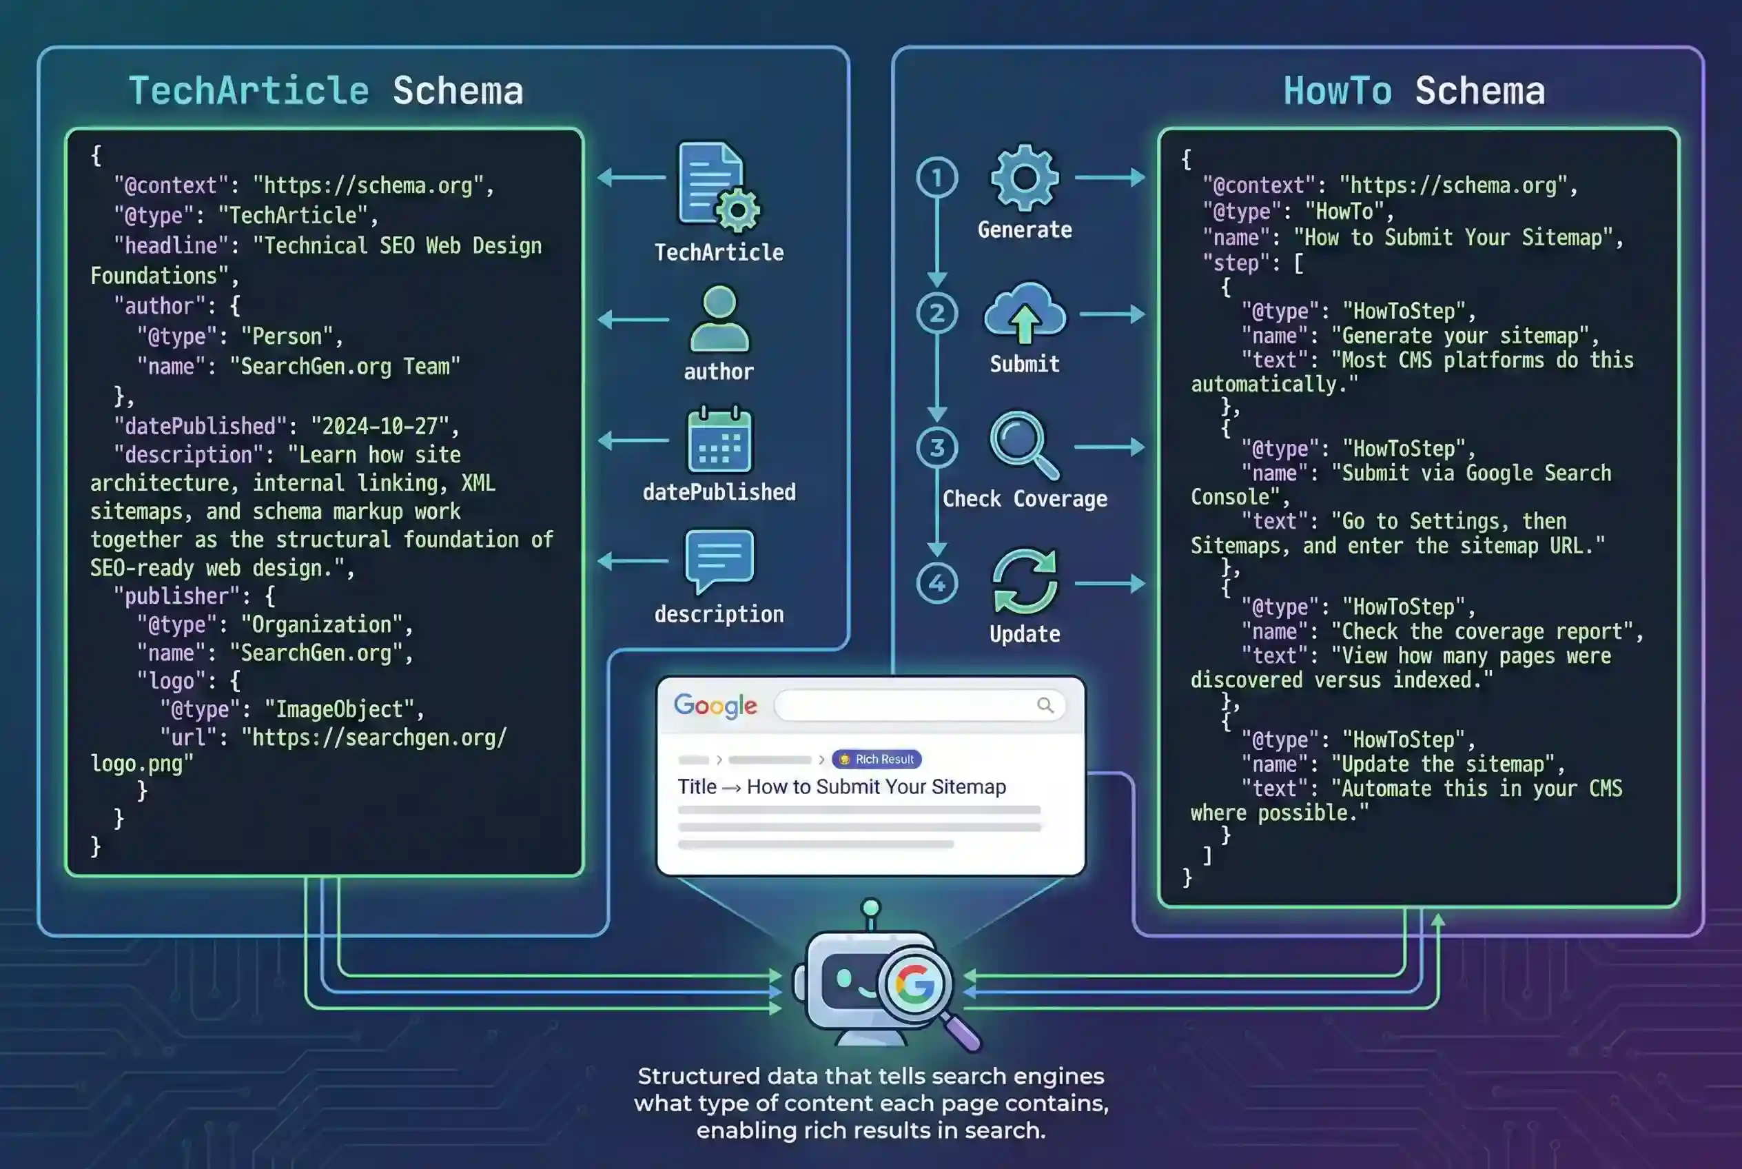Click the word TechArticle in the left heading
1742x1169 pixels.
[248, 91]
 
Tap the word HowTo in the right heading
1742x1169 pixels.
[1337, 91]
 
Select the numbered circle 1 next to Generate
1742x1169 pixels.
[937, 177]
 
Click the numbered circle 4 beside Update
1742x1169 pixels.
[937, 583]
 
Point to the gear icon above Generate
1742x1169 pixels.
[1024, 177]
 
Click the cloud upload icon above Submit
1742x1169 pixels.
[1025, 313]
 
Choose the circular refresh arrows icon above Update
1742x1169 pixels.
[1025, 582]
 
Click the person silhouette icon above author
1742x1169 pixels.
[719, 319]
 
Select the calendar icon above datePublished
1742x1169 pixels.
[719, 440]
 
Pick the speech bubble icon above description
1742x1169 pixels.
[719, 560]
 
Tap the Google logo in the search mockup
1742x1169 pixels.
[715, 705]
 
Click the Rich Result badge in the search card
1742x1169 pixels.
[877, 759]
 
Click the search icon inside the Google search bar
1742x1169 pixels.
[1045, 705]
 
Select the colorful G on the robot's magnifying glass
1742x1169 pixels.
[914, 984]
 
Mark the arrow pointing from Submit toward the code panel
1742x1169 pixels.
[1112, 314]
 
